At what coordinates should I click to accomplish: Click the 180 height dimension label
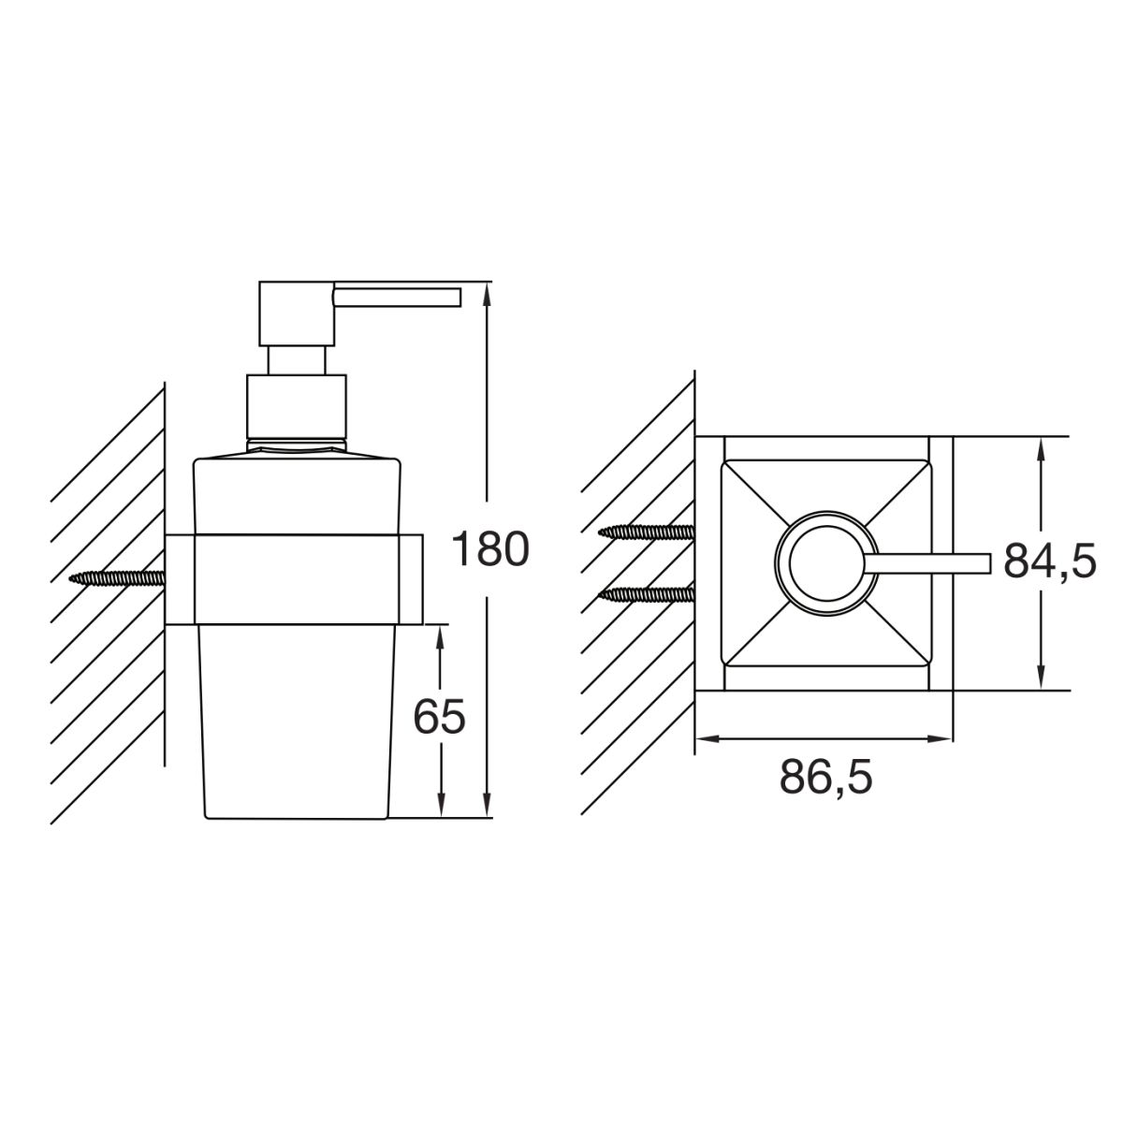tap(490, 549)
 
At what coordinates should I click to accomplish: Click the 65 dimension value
tap(439, 716)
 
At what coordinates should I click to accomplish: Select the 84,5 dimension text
tap(1050, 561)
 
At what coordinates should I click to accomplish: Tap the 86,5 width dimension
tap(825, 777)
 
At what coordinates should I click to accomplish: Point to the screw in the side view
tap(117, 578)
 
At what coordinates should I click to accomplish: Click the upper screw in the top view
tap(647, 531)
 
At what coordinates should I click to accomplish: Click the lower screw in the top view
tap(647, 594)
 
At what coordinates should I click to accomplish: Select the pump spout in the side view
tap(397, 296)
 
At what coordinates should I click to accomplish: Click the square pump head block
tap(298, 314)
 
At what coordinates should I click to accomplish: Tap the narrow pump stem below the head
tap(296, 360)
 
